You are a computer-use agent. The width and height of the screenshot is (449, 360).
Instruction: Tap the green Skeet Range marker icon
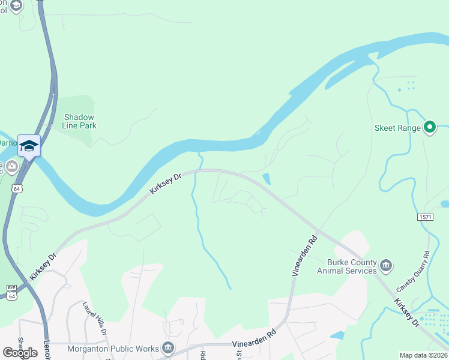tap(429, 127)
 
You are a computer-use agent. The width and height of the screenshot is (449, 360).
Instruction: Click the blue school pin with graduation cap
tap(29, 146)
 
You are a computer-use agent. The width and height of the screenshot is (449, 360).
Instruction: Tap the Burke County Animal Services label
tap(352, 266)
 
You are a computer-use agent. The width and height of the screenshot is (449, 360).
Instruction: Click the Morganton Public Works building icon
tap(168, 348)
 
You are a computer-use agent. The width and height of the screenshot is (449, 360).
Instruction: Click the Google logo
tap(20, 352)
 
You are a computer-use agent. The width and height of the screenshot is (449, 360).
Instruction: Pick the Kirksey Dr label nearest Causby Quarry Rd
tap(407, 313)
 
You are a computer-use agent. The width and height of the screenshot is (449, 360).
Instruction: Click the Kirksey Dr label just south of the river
tap(165, 184)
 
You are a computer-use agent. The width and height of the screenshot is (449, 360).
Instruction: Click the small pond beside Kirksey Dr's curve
tap(267, 179)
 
